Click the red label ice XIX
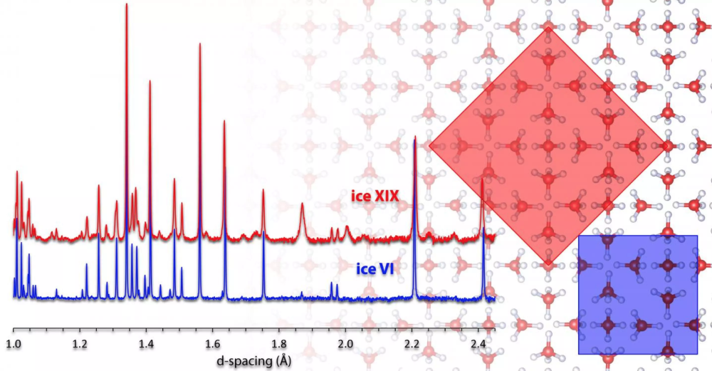tap(375, 196)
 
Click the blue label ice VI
tap(375, 269)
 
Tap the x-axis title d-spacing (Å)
tap(254, 361)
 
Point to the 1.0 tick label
tap(13, 344)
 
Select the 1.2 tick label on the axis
tap(80, 344)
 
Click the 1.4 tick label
tap(146, 344)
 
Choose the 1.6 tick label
tap(213, 344)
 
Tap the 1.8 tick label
tap(279, 344)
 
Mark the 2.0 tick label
tap(345, 344)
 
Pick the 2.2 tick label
tap(412, 344)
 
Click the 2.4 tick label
tap(478, 344)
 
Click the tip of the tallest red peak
tap(127, 4)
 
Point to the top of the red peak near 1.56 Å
tap(200, 43)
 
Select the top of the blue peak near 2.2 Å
tap(414, 138)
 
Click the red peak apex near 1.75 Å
tap(263, 190)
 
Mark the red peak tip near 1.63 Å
tap(224, 121)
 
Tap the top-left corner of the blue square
tap(578, 235)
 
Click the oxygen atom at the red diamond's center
tap(548, 146)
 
